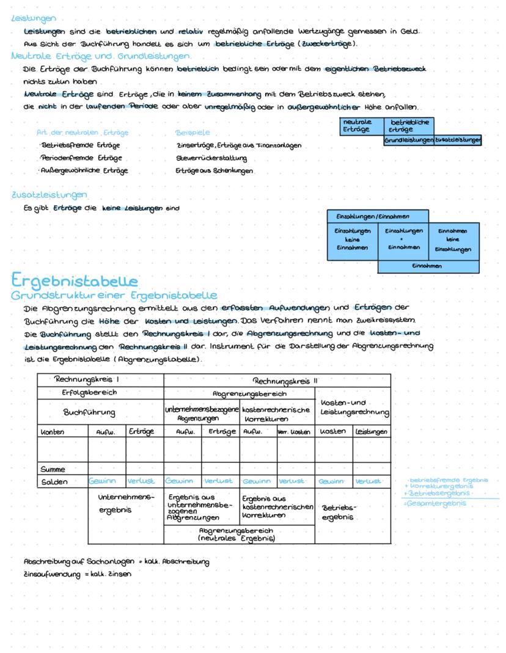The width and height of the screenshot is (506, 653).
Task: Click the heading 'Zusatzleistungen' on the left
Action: tap(50, 195)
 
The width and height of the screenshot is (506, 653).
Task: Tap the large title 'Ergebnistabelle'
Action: tap(75, 281)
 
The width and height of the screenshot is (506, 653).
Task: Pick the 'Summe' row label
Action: tap(53, 470)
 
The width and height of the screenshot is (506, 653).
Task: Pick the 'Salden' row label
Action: tap(54, 481)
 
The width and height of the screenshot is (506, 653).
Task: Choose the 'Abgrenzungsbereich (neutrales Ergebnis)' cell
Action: tap(239, 534)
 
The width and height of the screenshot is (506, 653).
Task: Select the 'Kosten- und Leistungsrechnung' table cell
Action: tap(353, 408)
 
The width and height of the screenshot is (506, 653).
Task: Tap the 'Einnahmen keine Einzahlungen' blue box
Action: tap(452, 240)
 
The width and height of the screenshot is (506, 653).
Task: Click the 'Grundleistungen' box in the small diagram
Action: tap(408, 140)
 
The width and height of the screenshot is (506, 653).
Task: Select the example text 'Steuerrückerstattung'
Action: tap(206, 158)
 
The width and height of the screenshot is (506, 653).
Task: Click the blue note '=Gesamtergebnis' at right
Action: tap(435, 503)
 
